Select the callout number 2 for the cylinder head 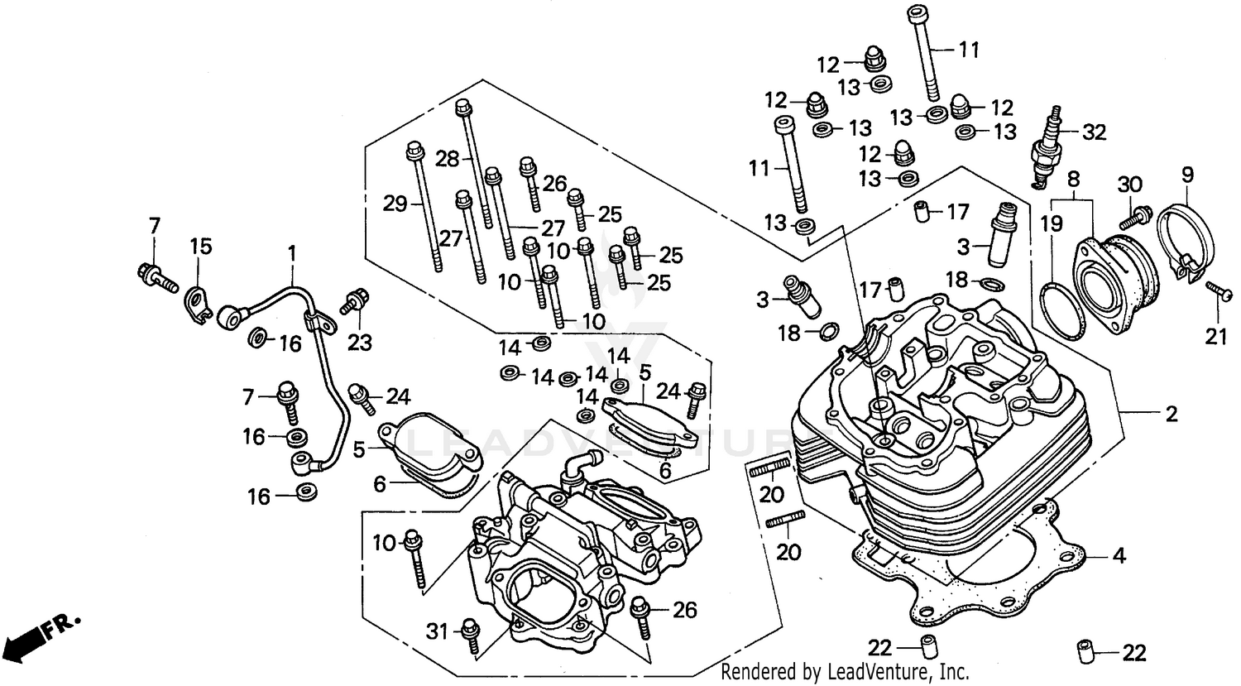tap(1171, 414)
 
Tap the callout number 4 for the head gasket tap(1119, 556)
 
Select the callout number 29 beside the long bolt tap(394, 202)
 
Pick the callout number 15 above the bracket tap(202, 246)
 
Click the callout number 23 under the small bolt tap(360, 342)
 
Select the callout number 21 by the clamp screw tap(1215, 335)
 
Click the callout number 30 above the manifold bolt tap(1129, 184)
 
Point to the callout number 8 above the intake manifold tap(1073, 178)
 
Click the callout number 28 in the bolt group tap(448, 159)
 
